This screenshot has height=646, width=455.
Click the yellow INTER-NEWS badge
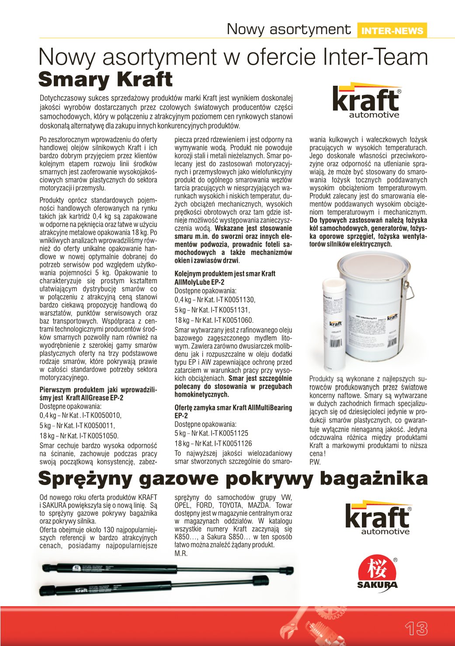[x=392, y=31]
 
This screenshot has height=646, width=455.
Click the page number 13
[x=416, y=628]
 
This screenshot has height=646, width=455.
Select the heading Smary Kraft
[x=105, y=80]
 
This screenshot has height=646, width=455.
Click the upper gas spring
[x=168, y=569]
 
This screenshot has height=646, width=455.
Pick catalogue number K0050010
[x=104, y=416]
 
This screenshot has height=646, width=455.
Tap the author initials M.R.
[x=181, y=554]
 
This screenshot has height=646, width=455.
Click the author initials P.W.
[x=315, y=462]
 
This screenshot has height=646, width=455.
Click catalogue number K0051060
[x=236, y=320]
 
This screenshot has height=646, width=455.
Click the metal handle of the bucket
[x=410, y=289]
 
